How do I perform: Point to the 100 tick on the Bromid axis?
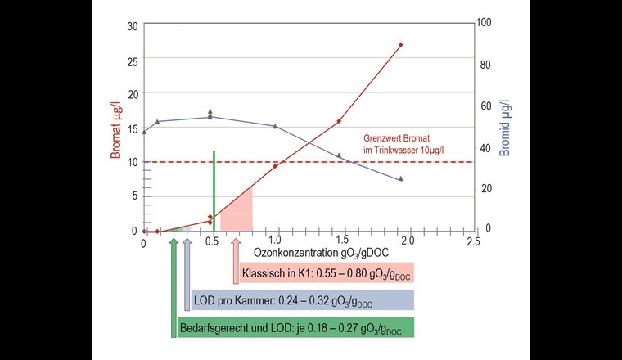pyautogui.click(x=485, y=22)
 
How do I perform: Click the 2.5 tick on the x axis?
pyautogui.click(x=472, y=241)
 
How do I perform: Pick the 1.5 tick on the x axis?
pyautogui.click(x=340, y=241)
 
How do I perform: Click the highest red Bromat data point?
pyautogui.click(x=401, y=45)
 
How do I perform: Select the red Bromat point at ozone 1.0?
pyautogui.click(x=275, y=165)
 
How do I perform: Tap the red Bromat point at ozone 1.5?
pyautogui.click(x=339, y=121)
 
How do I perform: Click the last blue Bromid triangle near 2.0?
pyautogui.click(x=401, y=179)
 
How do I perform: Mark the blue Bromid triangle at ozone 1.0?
pyautogui.click(x=275, y=126)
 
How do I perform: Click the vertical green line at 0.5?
pyautogui.click(x=214, y=188)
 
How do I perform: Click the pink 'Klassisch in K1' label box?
pyautogui.click(x=327, y=272)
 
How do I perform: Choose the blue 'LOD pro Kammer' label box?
pyautogui.click(x=302, y=300)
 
